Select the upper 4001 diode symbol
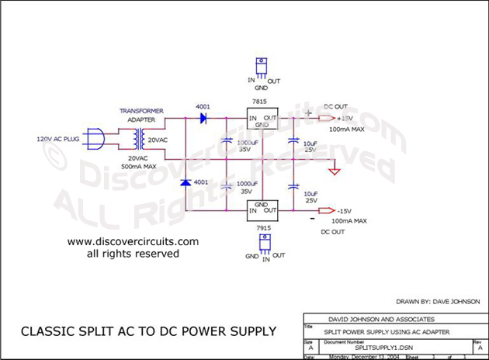203,119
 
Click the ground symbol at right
335,170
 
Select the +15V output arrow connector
327,119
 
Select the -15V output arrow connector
327,211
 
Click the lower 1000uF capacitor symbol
226,186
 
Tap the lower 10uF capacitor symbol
293,186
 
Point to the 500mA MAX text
137,165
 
